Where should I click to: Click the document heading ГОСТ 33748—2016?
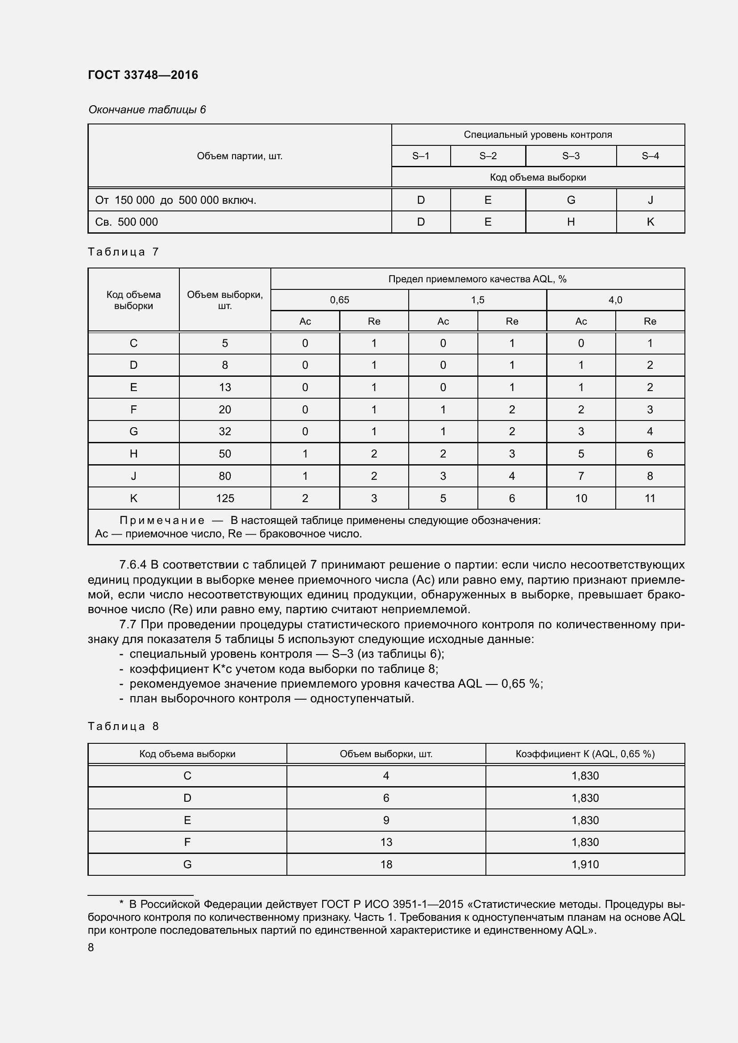[x=143, y=75]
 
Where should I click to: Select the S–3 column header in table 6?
[x=570, y=156]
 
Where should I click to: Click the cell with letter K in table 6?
[x=650, y=222]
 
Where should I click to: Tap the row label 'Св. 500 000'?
[x=126, y=222]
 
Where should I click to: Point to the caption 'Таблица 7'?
[x=123, y=251]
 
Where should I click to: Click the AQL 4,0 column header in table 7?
[x=615, y=300]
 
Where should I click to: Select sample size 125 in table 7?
[x=224, y=499]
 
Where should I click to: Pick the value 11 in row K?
[x=649, y=499]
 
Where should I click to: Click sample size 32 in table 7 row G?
[x=224, y=431]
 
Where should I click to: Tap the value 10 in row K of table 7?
[x=581, y=499]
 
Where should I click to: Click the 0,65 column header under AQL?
[x=339, y=300]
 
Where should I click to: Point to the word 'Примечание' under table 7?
[x=162, y=520]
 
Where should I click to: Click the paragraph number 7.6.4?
[x=132, y=565]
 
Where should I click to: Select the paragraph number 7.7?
[x=128, y=624]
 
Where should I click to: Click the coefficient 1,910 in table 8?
[x=585, y=864]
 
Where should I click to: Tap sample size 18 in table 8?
[x=386, y=864]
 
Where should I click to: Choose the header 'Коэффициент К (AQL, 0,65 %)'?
[x=585, y=754]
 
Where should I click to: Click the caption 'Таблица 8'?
[x=123, y=726]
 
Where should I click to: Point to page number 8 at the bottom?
[x=91, y=947]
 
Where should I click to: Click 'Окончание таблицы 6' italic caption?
[x=147, y=110]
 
